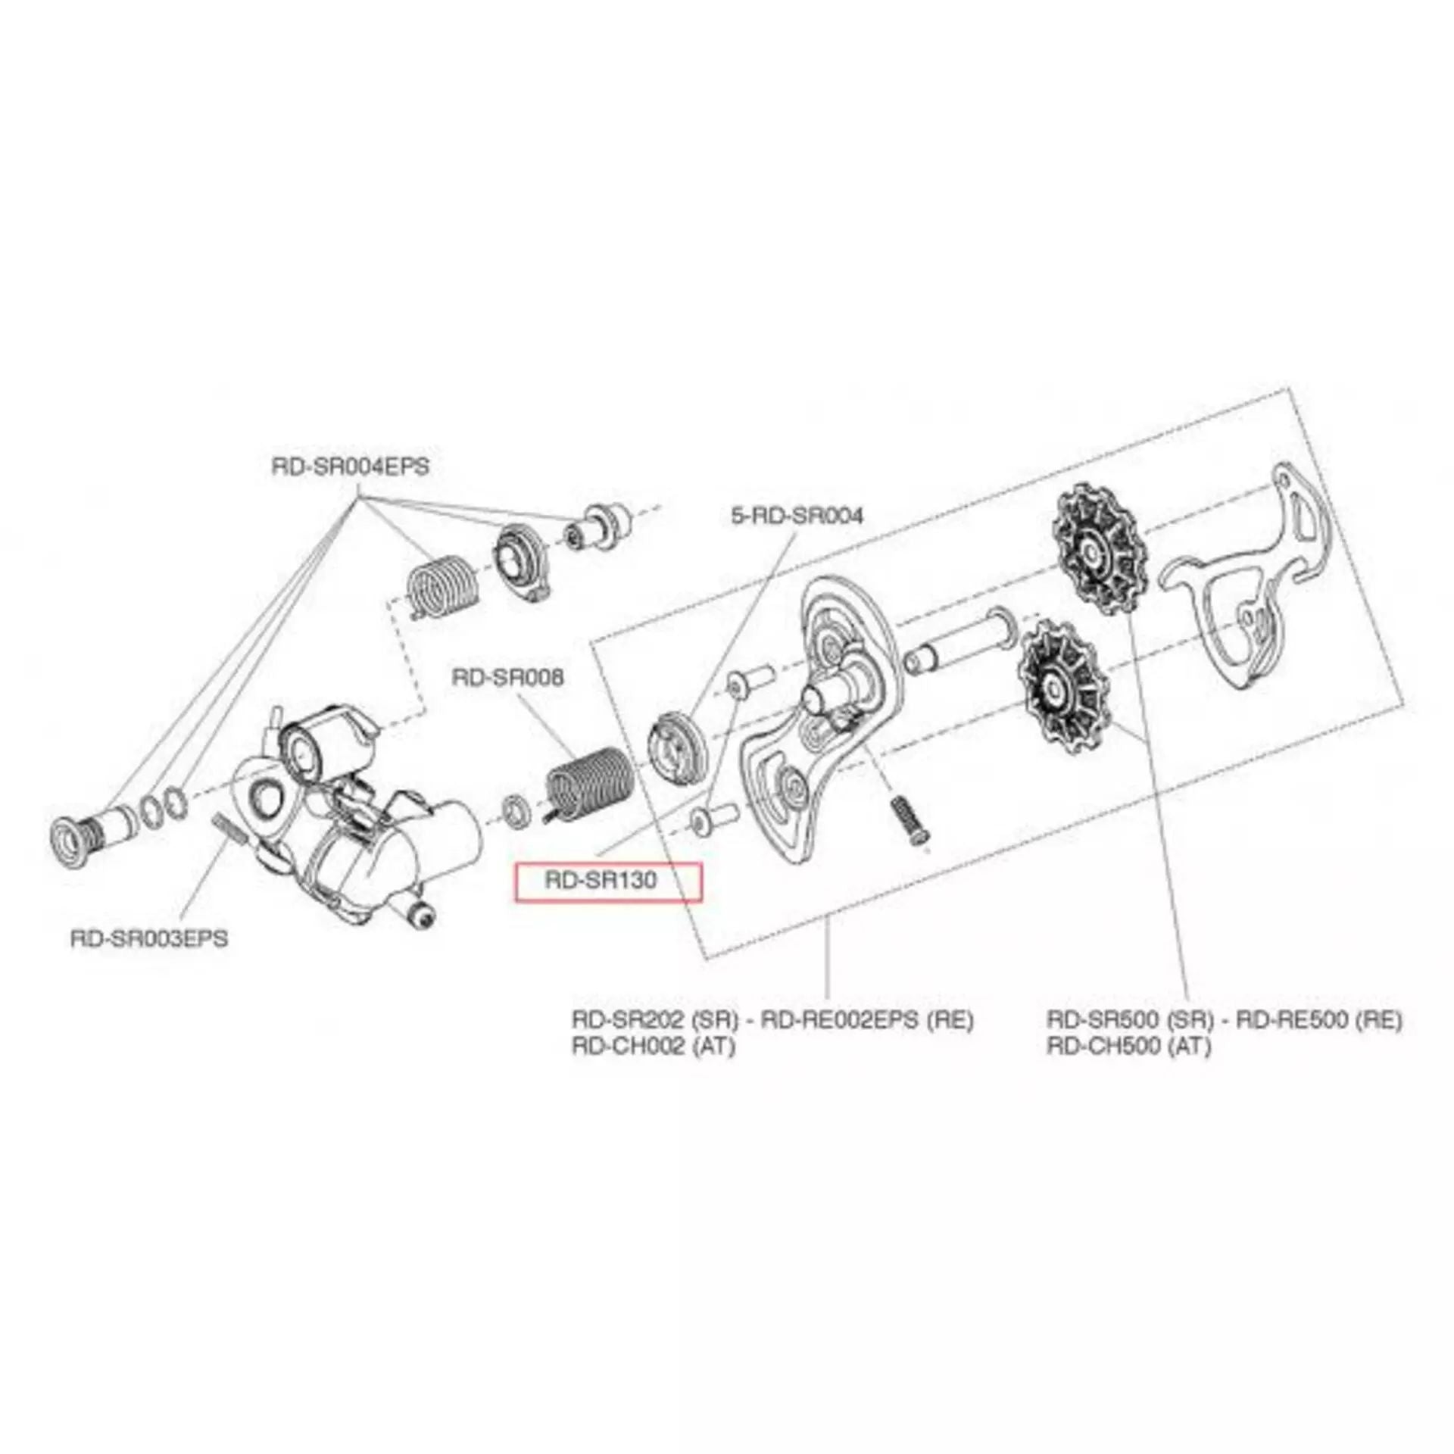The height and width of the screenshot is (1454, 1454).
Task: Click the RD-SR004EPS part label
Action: tap(350, 466)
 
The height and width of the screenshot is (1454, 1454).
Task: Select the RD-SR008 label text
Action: tap(507, 677)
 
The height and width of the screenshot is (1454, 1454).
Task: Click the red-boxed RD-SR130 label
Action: tap(600, 881)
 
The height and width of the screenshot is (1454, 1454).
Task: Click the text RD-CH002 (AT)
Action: tap(653, 1046)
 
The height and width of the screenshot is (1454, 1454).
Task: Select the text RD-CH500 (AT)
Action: tap(1128, 1046)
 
